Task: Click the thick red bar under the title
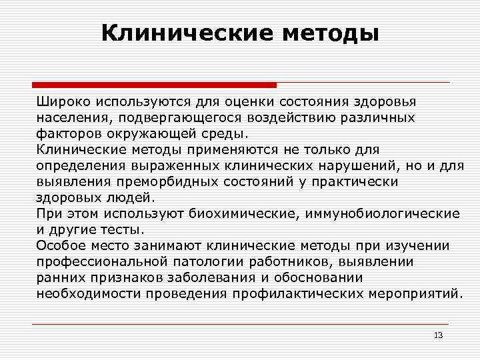click(x=154, y=85)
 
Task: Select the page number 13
click(x=438, y=335)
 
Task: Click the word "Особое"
click(x=60, y=245)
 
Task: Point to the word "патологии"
click(x=207, y=261)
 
